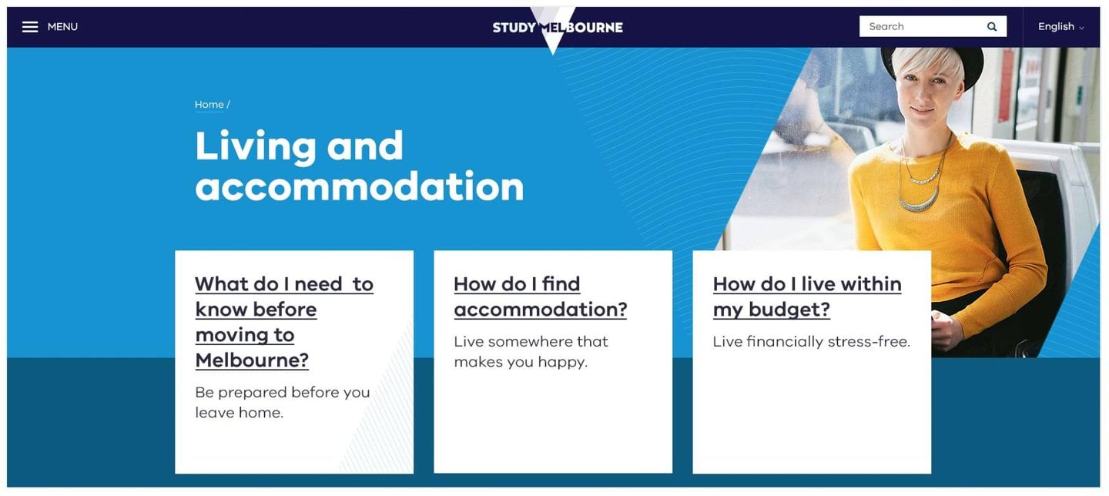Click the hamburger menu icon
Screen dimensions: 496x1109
click(30, 27)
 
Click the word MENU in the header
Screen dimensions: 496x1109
click(62, 27)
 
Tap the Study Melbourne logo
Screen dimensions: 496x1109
click(558, 28)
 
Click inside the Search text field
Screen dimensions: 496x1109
click(920, 26)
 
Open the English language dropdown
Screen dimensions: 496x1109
click(1060, 27)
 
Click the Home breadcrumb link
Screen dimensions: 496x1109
click(209, 105)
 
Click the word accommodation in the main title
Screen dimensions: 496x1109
click(359, 186)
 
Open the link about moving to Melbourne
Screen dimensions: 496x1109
click(283, 322)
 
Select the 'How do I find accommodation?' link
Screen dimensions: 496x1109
click(540, 297)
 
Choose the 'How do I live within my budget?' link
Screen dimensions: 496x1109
click(806, 297)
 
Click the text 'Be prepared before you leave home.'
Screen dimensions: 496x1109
click(282, 402)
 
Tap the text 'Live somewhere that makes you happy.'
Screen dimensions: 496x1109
click(531, 351)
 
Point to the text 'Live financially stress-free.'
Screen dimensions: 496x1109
click(811, 341)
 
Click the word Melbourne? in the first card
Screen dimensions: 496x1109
click(252, 360)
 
